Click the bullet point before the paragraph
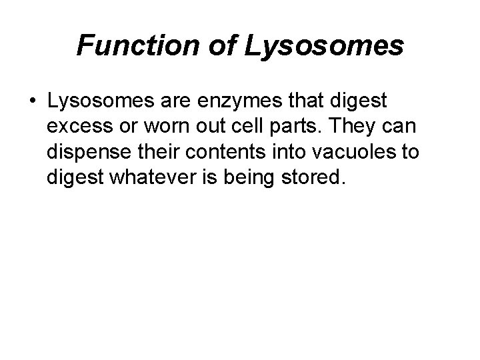click(32, 103)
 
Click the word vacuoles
click(359, 151)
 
